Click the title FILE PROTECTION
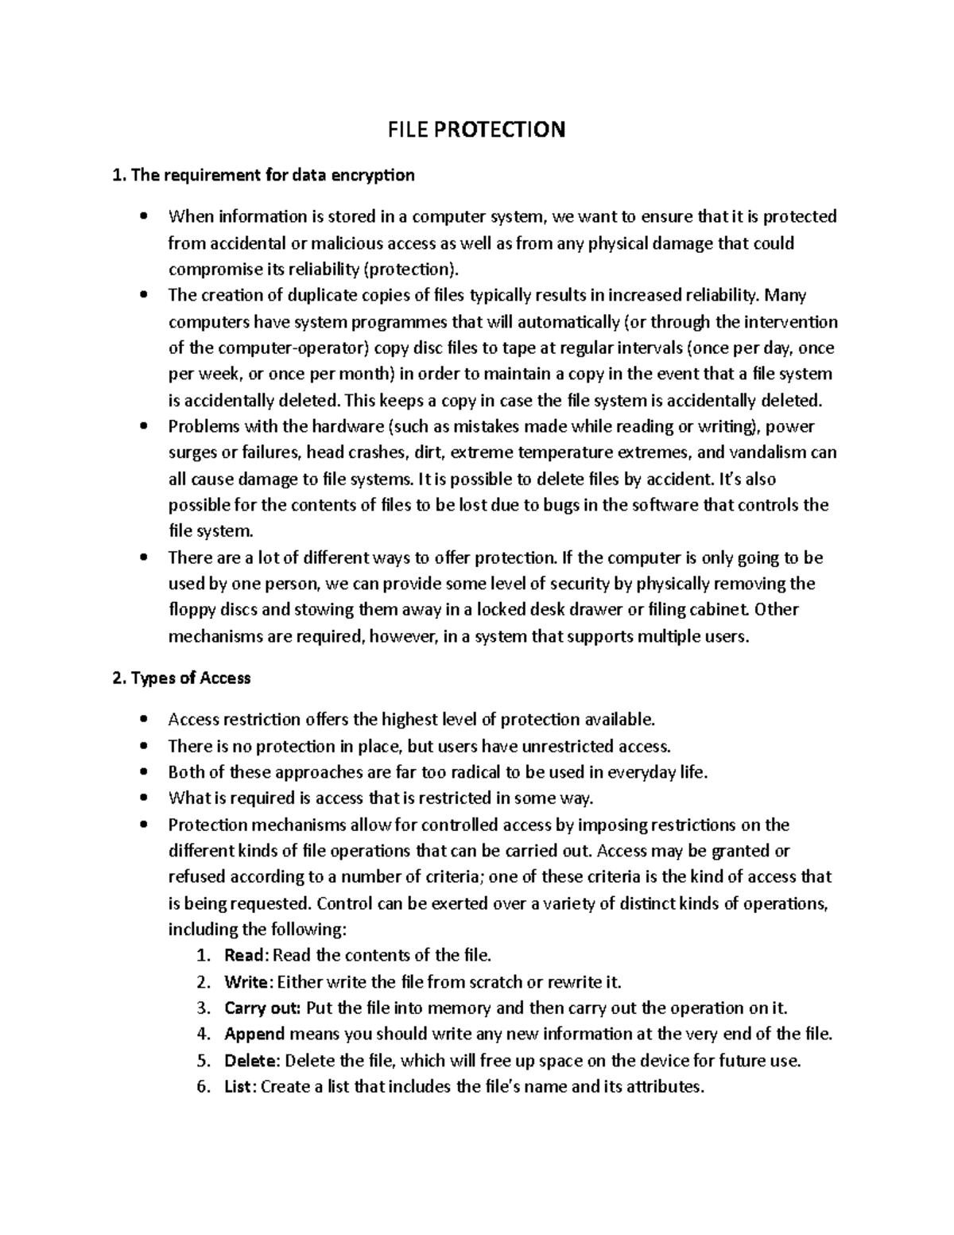(x=476, y=130)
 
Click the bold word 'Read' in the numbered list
(x=243, y=955)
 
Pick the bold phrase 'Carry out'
(x=262, y=1008)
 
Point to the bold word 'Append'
(x=254, y=1034)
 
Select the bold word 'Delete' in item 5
(x=250, y=1060)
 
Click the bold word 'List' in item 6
(x=238, y=1086)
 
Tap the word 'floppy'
(x=191, y=611)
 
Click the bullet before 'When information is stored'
(x=143, y=217)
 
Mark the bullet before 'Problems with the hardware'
(x=143, y=427)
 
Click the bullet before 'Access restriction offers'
(x=143, y=720)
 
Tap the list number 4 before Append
(x=203, y=1034)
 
